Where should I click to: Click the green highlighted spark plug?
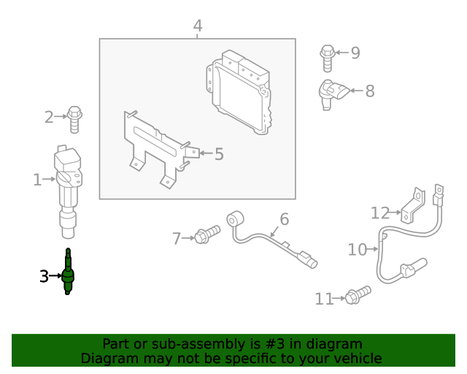click(x=68, y=273)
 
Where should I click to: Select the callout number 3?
click(x=44, y=276)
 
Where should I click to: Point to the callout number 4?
click(x=198, y=26)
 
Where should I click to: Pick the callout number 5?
click(x=219, y=154)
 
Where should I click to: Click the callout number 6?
click(x=285, y=218)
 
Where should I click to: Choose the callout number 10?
click(x=357, y=250)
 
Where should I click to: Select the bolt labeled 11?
click(x=357, y=295)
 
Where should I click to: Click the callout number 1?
click(x=37, y=179)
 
